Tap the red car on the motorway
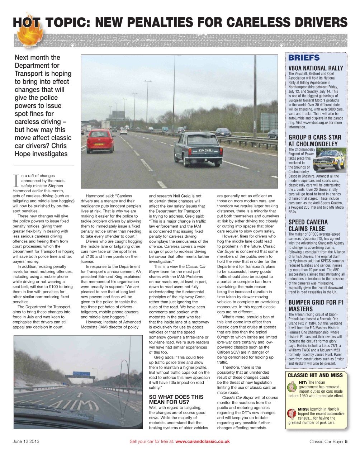pyautogui.click(x=100, y=141)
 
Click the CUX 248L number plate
pyautogui.click(x=205, y=150)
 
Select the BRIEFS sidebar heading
pyautogui.click(x=304, y=58)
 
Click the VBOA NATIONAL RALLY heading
pyautogui.click(x=316, y=68)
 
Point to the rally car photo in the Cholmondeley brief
pyautogui.click(x=330, y=161)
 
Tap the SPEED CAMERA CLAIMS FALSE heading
pyautogui.click(x=308, y=225)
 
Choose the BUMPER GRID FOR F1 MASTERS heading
pyautogui.click(x=316, y=306)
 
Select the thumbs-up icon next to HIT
pyautogui.click(x=293, y=388)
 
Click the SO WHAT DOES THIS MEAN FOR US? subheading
pyautogui.click(x=176, y=399)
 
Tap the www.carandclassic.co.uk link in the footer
pyautogui.click(x=202, y=441)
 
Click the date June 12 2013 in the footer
pyautogui.click(x=26, y=441)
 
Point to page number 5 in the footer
pyautogui.click(x=346, y=441)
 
